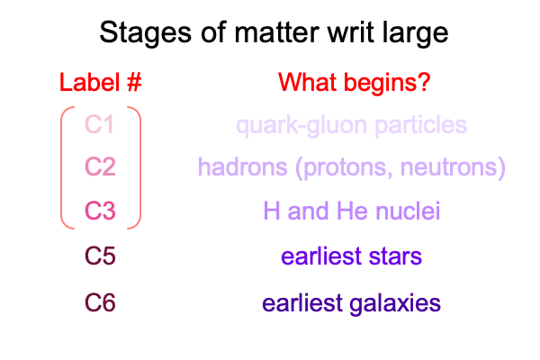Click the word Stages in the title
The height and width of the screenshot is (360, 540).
point(145,33)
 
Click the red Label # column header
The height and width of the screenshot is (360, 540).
point(100,83)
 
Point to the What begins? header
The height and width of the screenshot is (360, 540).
point(355,83)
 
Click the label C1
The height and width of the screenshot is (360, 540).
point(99,124)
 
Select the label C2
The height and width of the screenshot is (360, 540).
point(100,166)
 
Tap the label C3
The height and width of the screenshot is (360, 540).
point(100,211)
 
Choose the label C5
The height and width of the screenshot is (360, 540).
point(100,256)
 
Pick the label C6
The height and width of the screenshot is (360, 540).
point(100,302)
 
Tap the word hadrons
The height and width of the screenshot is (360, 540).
point(242,166)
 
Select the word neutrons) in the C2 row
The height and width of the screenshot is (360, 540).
point(453,167)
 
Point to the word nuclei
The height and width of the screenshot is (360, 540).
point(408,211)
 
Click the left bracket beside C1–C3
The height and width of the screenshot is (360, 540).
point(62,167)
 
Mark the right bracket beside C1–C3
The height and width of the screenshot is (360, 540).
point(139,167)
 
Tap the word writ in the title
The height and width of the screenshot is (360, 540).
point(351,32)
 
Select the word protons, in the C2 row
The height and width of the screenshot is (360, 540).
point(344,167)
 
